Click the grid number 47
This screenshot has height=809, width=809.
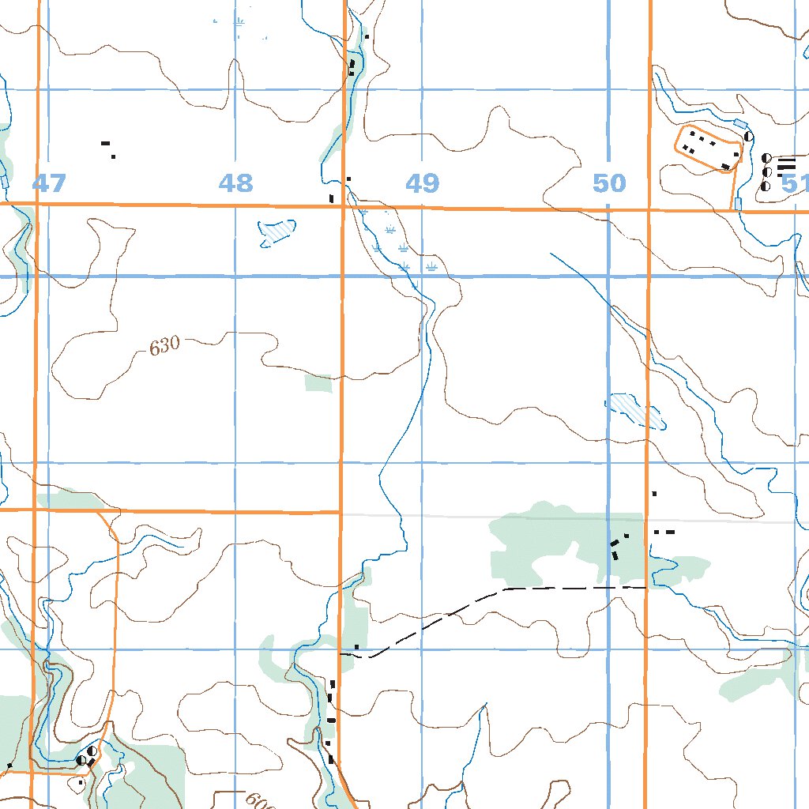point(49,184)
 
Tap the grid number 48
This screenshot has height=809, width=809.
point(235,184)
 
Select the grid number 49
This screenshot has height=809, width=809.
point(422,184)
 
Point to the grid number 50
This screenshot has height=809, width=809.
point(609,184)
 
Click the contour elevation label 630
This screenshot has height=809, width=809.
point(164,346)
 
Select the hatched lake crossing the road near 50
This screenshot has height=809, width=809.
point(634,411)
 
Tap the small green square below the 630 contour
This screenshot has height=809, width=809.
point(318,383)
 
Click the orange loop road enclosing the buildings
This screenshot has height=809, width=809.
point(708,146)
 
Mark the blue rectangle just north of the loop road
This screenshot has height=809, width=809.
point(740,124)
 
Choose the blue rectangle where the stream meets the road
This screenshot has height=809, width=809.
point(738,204)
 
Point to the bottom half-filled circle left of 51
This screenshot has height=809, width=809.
point(765,186)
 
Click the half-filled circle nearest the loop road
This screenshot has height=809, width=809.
point(747,137)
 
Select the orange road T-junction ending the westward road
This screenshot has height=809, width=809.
point(341,512)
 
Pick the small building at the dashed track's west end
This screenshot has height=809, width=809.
point(357,647)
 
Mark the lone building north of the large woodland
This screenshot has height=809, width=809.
point(654,494)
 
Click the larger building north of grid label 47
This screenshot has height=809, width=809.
point(104,143)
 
